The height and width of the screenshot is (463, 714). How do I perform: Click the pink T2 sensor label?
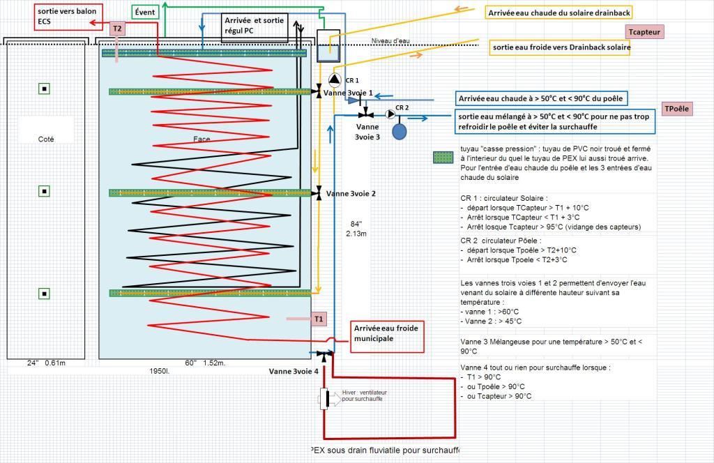[117, 29]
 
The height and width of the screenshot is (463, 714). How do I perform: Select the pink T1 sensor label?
[319, 319]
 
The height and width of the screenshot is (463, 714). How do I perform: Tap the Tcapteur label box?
[644, 32]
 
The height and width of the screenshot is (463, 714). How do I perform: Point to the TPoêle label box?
[676, 109]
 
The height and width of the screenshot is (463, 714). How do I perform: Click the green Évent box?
[145, 13]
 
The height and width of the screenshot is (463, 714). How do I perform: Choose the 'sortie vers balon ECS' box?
[68, 17]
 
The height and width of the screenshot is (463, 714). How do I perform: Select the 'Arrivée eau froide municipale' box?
[386, 337]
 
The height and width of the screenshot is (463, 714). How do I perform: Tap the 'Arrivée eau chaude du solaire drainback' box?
[559, 13]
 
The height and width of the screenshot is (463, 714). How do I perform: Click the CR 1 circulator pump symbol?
[335, 80]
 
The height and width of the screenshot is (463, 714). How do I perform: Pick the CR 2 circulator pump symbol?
[390, 114]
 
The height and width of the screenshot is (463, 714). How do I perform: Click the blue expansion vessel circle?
[400, 132]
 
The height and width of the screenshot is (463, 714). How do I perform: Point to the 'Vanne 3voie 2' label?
[351, 193]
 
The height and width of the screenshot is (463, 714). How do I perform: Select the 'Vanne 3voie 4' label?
[294, 371]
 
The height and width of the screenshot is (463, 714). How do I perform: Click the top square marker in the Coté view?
[44, 89]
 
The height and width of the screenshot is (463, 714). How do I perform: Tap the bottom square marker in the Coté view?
[44, 294]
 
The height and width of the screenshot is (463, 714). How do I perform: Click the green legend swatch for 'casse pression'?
[443, 158]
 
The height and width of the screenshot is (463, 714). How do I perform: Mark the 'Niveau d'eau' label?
[390, 41]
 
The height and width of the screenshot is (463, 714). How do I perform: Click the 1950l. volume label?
[160, 371]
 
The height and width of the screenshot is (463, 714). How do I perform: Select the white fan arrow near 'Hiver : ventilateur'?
[335, 400]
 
